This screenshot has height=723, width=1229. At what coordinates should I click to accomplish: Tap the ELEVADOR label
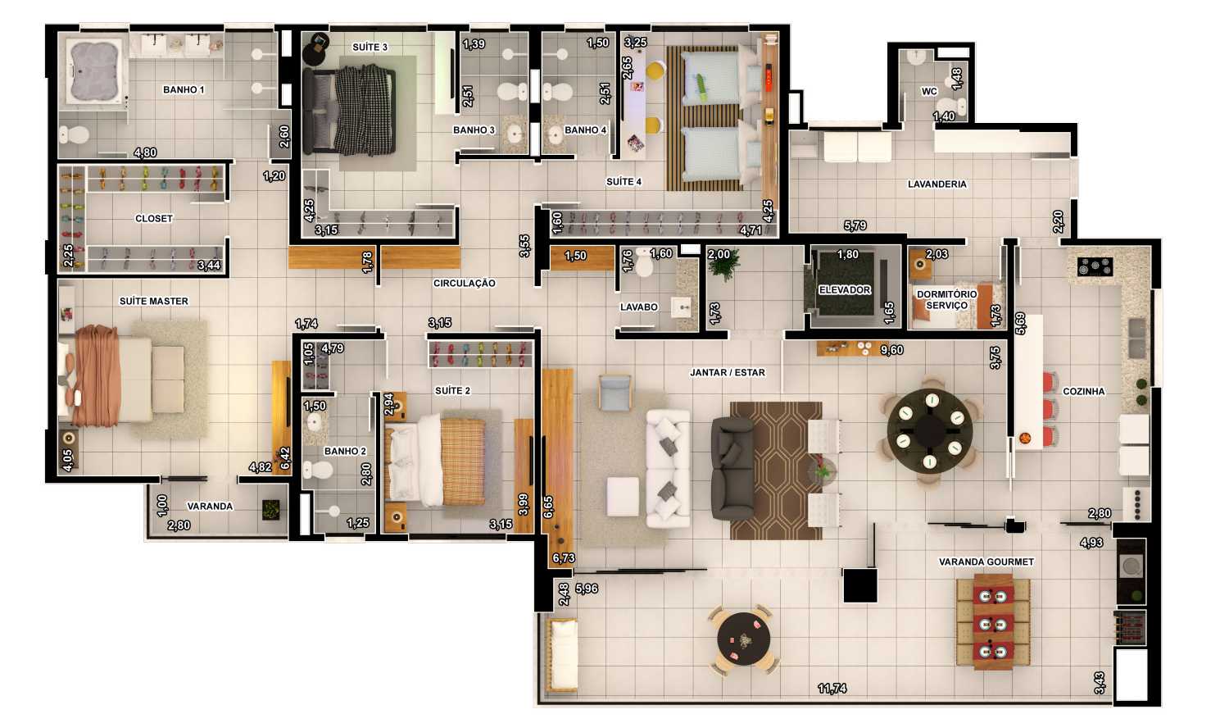click(845, 290)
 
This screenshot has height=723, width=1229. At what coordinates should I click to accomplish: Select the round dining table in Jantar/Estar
click(930, 430)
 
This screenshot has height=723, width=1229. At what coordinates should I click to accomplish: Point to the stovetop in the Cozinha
click(1095, 266)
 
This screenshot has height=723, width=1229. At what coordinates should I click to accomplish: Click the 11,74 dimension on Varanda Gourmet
click(832, 689)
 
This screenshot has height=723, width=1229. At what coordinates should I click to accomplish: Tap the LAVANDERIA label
click(937, 184)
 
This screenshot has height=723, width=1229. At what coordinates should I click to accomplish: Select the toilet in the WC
click(953, 107)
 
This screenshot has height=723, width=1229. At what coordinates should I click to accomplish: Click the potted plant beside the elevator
click(724, 265)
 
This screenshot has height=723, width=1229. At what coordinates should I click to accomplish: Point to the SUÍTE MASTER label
click(154, 302)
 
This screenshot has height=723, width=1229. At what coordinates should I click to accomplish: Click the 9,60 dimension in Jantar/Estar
click(891, 350)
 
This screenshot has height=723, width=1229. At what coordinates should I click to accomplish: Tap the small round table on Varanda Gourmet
click(743, 639)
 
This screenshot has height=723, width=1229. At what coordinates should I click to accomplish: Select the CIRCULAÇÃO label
click(465, 284)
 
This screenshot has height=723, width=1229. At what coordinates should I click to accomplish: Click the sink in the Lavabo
click(682, 308)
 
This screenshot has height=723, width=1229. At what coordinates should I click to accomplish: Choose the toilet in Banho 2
click(318, 470)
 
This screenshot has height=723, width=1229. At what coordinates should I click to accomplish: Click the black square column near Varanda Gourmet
click(859, 585)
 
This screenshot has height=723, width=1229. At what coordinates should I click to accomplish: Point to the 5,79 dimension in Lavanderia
click(855, 225)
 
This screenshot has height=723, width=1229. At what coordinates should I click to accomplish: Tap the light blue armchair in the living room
click(614, 392)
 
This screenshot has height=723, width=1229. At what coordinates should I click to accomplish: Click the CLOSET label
click(154, 219)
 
